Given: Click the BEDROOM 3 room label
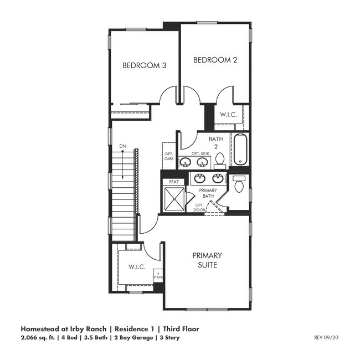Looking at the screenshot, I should click(144, 65).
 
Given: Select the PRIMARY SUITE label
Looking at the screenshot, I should click(207, 260).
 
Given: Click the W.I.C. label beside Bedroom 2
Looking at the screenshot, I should click(228, 115).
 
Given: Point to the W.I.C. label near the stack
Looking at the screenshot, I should click(137, 267).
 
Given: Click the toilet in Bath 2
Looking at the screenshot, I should click(220, 161).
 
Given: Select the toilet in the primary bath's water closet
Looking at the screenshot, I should click(239, 184).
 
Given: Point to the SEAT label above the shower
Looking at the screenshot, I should click(173, 182).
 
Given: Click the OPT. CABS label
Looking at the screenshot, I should click(168, 156).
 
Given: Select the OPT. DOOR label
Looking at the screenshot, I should click(199, 207).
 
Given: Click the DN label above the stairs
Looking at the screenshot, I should click(122, 146).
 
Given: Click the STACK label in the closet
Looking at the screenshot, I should click(158, 275).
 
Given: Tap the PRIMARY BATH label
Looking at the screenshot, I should click(208, 193).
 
